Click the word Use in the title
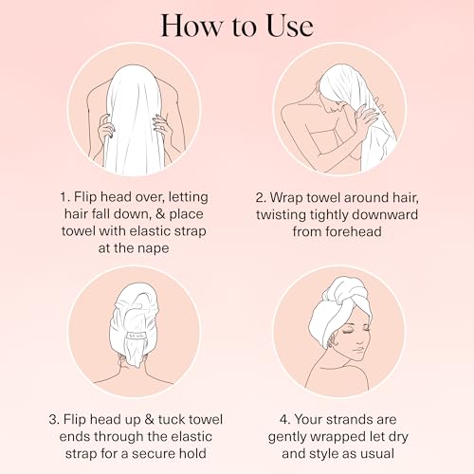(x=290, y=26)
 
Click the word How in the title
(x=191, y=26)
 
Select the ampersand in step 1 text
(x=160, y=214)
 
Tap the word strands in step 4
(x=349, y=420)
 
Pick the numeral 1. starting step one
(x=64, y=197)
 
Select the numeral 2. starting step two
(x=261, y=198)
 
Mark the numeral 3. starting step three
(x=54, y=420)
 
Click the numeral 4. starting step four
(x=284, y=420)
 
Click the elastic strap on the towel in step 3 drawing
(x=136, y=335)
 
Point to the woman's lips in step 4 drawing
(x=359, y=350)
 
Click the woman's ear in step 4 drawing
(x=332, y=340)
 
